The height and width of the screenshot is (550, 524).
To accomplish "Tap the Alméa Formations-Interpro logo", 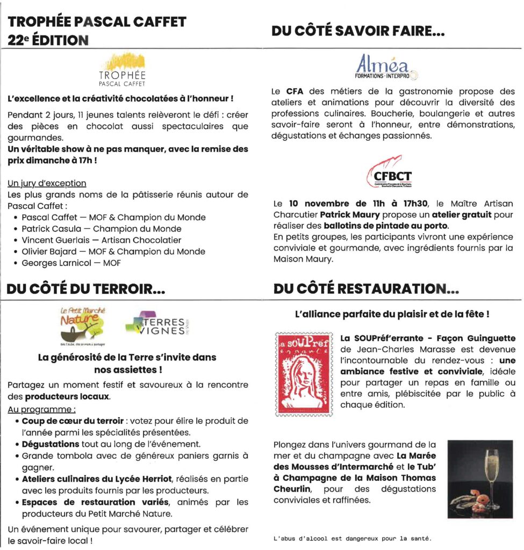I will (387, 67).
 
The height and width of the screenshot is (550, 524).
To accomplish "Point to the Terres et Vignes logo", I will (157, 324).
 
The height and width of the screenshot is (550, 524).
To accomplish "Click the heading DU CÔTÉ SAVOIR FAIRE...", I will (358, 32).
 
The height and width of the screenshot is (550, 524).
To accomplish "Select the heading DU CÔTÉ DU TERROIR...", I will (85, 290).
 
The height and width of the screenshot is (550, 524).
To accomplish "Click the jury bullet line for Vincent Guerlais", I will (102, 240).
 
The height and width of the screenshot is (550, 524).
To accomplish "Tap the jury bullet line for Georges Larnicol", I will (71, 263).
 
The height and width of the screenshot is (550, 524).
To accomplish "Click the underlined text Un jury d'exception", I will (47, 183).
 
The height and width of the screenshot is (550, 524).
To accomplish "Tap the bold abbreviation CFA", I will (295, 91).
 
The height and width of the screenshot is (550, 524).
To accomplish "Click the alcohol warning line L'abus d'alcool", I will (352, 538).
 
